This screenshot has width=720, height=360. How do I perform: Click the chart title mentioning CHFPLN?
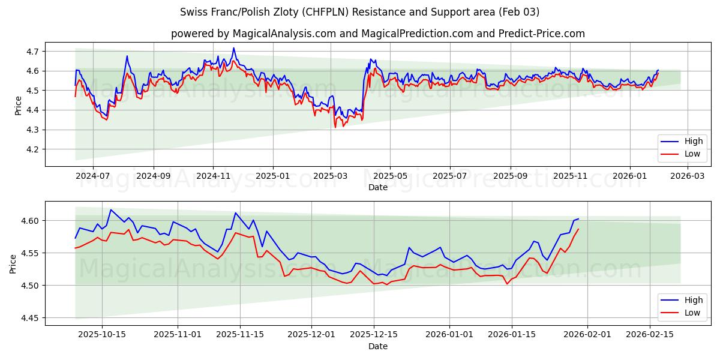pos(360,12)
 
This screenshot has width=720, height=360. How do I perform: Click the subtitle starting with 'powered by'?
pos(378,34)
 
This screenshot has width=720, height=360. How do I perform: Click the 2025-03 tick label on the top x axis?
pos(331,176)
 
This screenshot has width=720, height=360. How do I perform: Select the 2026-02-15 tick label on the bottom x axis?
pos(649,335)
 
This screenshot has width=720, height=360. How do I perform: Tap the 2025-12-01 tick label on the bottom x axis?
pos(311,335)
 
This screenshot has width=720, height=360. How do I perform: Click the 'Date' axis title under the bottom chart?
pos(378,346)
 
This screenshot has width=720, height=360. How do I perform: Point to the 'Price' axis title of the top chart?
pos(17,104)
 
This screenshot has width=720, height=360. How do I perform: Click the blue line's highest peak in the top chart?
pos(233,48)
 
